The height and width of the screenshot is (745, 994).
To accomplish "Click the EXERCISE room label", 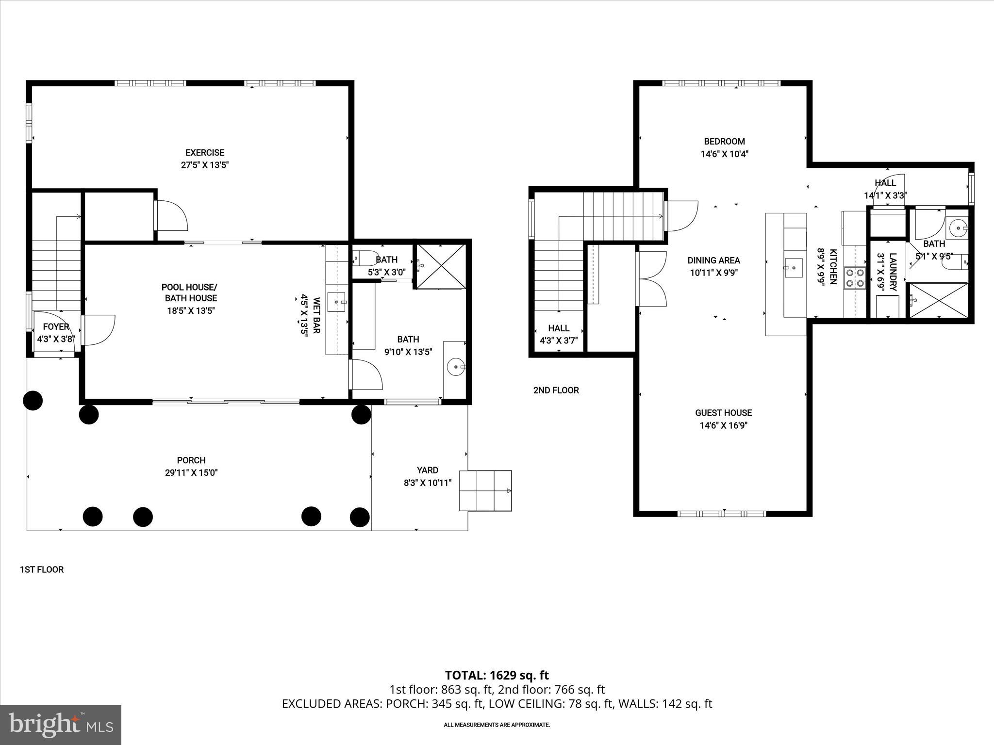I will tap(204, 152).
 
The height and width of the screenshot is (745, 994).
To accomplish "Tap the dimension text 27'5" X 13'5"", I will tap(204, 165).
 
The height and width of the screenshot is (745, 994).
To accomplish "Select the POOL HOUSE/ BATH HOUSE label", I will tap(189, 292).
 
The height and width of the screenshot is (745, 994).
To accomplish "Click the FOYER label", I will tap(56, 326).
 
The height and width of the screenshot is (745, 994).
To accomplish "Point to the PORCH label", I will tap(191, 460).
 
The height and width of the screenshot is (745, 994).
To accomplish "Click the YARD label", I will tap(427, 470).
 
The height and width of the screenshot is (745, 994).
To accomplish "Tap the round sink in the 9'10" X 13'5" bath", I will tap(456, 367).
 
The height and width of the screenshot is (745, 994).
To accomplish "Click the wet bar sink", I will tap(336, 302).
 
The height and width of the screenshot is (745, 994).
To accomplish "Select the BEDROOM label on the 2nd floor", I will tap(724, 141).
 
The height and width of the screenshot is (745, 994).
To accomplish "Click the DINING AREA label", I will tap(713, 260).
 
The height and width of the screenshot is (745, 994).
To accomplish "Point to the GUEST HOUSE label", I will tap(723, 413).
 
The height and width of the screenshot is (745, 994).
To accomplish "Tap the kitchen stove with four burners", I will tap(855, 278).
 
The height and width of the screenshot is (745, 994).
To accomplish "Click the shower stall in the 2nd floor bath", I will tap(938, 301).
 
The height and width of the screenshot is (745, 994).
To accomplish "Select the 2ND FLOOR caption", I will tap(556, 390).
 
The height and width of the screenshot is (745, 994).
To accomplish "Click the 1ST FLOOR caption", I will tap(42, 569).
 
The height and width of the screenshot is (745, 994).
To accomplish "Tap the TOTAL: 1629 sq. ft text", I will tap(497, 675).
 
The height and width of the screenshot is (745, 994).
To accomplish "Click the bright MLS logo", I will tap(61, 725).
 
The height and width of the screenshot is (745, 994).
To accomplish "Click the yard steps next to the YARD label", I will tap(485, 490).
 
